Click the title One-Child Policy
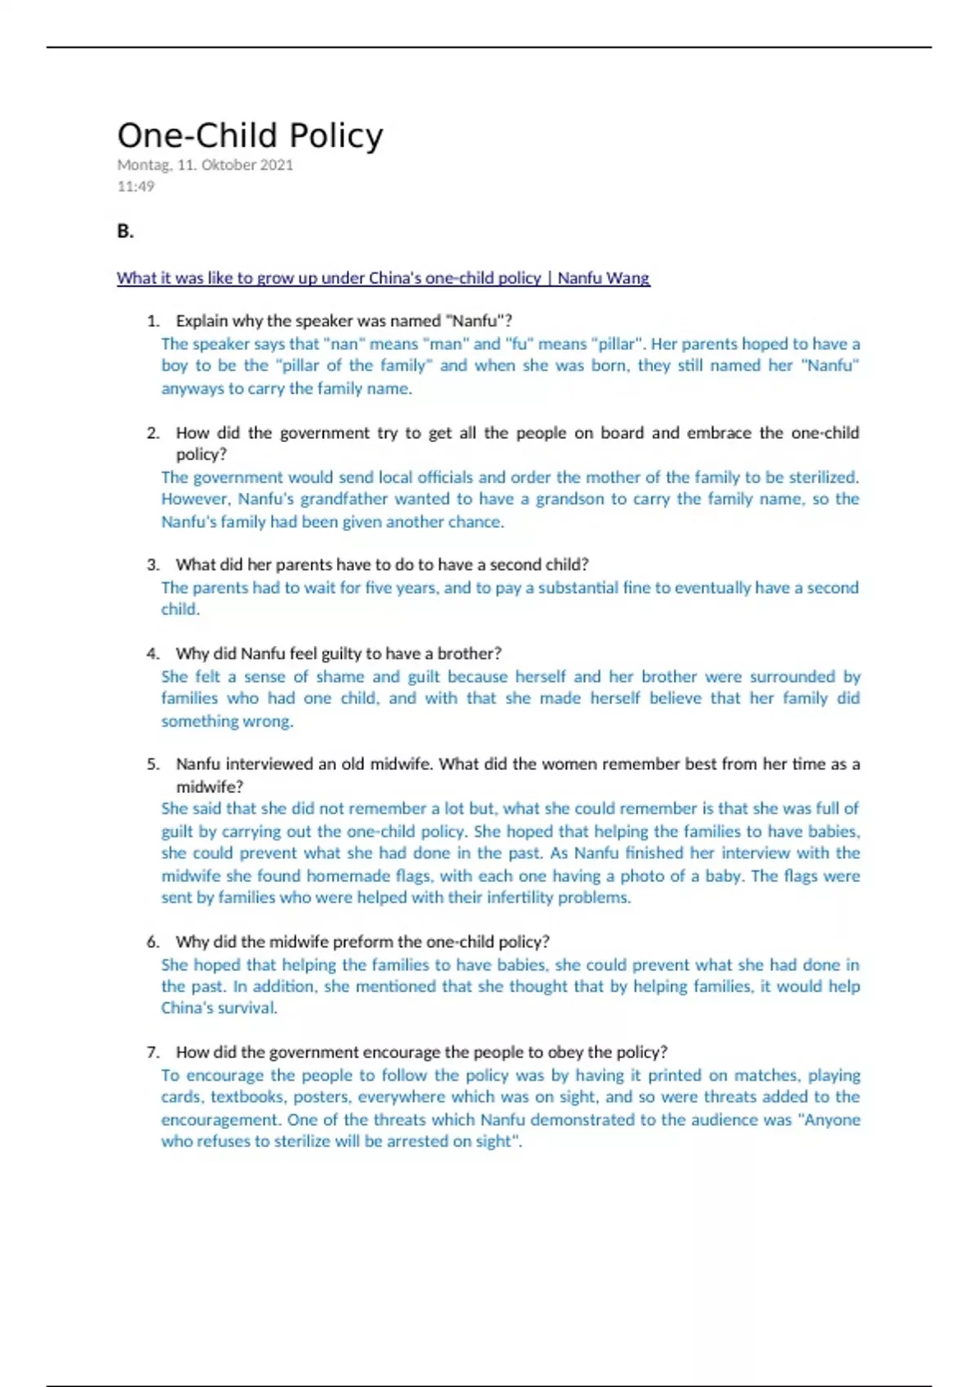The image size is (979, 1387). coord(250,135)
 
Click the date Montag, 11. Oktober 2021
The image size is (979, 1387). coord(205,165)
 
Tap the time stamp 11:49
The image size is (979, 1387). coord(135,186)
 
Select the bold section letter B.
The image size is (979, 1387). coord(125,232)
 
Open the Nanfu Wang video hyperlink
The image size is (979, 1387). coord(383,278)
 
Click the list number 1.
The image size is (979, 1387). coord(153,321)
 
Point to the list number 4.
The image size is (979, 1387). coord(153,654)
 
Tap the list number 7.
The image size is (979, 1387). coord(153,1052)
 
